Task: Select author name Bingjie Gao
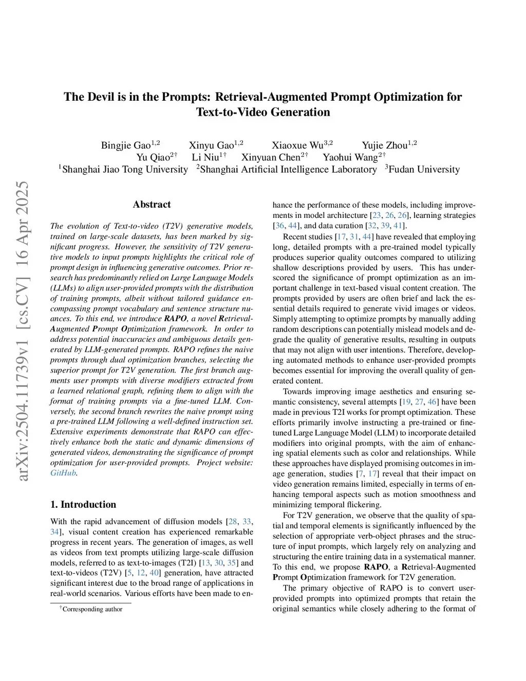tap(126, 145)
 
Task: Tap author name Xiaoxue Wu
tap(297, 145)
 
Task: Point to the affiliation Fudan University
tap(424, 170)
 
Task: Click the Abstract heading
tap(152, 205)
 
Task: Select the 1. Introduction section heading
tap(83, 504)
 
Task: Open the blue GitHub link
tap(63, 473)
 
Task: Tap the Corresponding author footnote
tap(92, 609)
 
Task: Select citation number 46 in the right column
tap(432, 402)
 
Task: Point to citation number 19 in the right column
tap(406, 402)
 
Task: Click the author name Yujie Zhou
tap(385, 145)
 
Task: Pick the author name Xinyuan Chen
tap(271, 157)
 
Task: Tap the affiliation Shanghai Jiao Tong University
tap(125, 170)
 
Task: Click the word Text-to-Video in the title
tap(230, 112)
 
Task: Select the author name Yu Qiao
tap(153, 157)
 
